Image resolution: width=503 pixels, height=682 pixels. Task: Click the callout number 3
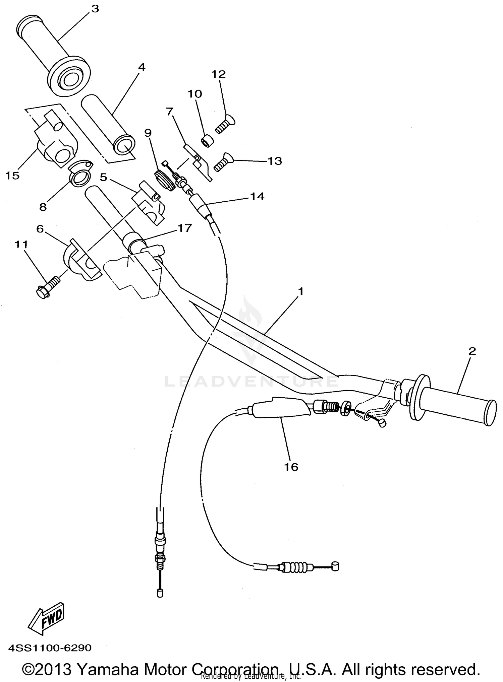tap(95, 9)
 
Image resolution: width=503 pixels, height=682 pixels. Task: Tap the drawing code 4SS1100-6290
tap(50, 648)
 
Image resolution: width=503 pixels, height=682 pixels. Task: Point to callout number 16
tap(291, 467)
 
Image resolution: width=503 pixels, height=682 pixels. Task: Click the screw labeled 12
tap(225, 124)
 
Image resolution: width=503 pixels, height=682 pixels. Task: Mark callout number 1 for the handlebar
tap(300, 292)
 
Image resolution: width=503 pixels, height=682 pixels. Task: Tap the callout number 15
tap(12, 175)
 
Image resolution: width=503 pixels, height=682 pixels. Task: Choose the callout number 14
tap(257, 197)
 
